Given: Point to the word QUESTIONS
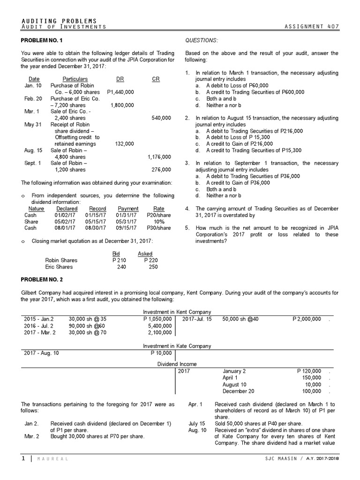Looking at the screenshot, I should point(202,41).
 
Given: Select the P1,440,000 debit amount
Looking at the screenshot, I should point(120,92).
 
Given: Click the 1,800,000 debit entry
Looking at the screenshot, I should point(122,105).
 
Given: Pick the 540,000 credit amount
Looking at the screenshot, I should point(161,118).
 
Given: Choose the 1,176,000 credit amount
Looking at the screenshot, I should point(159,157).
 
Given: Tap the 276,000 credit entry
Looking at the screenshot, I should point(161,169).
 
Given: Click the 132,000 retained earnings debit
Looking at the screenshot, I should point(124,144).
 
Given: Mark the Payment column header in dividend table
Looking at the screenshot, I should point(128,209).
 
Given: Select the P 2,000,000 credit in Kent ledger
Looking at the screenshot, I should point(307,319).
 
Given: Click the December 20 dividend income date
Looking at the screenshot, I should point(239,391).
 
